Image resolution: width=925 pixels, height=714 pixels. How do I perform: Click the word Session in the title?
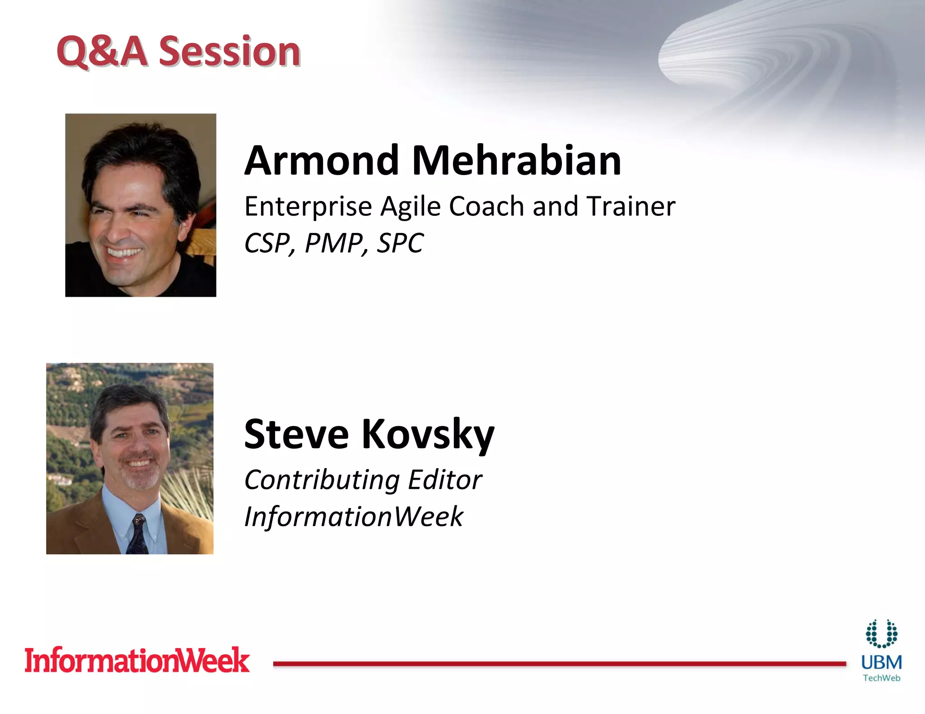coord(229,51)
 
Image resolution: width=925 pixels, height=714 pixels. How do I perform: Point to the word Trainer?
coord(631,207)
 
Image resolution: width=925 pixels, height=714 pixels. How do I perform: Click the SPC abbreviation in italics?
coord(400,244)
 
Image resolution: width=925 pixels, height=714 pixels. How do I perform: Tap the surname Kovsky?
coord(427,434)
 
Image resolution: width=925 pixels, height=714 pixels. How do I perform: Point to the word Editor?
coord(445,480)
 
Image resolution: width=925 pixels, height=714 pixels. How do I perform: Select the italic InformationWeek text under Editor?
coord(354,517)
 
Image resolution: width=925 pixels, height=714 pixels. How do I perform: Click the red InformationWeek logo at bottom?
coord(137,661)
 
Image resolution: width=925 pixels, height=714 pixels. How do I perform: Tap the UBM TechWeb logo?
coord(881,652)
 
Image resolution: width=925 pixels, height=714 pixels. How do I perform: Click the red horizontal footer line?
coord(559,663)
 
